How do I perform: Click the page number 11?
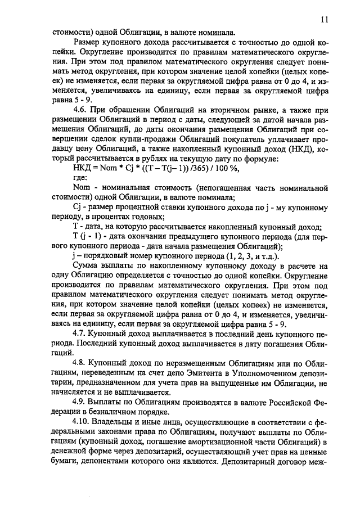(325, 19)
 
